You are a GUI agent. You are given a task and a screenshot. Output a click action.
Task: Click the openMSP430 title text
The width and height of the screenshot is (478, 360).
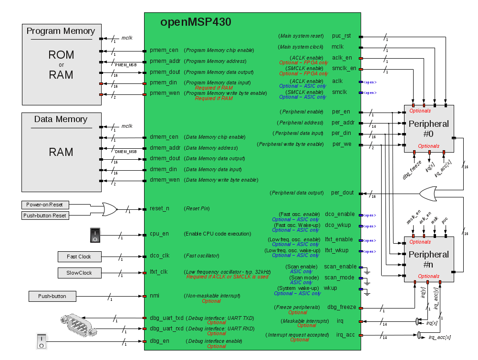pos(196,22)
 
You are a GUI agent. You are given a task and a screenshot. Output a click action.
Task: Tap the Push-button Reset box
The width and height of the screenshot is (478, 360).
pos(45,216)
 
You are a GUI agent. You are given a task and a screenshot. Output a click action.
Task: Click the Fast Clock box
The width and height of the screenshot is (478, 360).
pos(79,257)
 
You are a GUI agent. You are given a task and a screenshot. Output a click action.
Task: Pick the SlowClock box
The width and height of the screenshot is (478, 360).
pos(79,273)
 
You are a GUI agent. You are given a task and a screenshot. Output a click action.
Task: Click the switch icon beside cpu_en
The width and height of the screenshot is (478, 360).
pos(95,235)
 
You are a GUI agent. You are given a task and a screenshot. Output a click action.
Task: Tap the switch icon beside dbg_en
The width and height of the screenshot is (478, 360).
pos(42,341)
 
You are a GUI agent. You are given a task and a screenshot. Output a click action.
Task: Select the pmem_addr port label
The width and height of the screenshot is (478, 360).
pos(165,61)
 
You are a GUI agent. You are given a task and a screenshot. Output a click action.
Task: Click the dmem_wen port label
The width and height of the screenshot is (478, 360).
pos(165,180)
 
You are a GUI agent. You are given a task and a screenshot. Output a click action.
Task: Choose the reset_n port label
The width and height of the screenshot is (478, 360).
pos(160,208)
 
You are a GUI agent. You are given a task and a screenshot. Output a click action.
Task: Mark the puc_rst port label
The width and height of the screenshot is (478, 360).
pos(342,36)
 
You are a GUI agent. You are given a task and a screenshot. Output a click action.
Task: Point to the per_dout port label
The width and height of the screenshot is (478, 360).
pos(343,193)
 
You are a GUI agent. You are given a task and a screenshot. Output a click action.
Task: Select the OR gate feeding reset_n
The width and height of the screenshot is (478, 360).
pos(109,209)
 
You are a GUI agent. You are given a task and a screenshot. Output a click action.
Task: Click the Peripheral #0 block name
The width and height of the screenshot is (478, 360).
pos(428,129)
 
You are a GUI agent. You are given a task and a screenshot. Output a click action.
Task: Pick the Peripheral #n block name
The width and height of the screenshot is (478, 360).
pos(428,260)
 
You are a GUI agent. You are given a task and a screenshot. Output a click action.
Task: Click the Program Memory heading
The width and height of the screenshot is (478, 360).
pos(61,31)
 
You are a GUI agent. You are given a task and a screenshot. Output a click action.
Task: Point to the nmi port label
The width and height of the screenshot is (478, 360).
pos(155,296)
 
